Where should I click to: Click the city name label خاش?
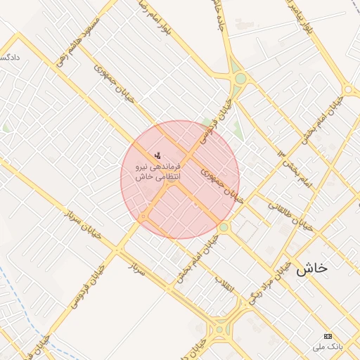pyautogui.click(x=312, y=268)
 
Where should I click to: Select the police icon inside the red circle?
pyautogui.click(x=157, y=155)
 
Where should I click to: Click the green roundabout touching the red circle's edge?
pyautogui.click(x=224, y=227)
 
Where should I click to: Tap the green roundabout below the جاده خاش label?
pyautogui.click(x=240, y=79)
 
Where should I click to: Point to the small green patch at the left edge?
pyautogui.click(x=6, y=128)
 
